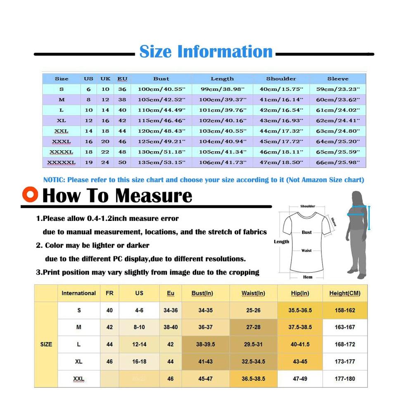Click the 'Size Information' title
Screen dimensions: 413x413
[206, 51]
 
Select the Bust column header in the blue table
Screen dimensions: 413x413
[161, 79]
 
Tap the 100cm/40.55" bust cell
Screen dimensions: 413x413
[161, 89]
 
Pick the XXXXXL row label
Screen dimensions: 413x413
[62, 162]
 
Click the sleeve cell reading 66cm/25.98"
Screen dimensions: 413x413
[338, 162]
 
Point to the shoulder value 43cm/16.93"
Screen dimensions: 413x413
[281, 121]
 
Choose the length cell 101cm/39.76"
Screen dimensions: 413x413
[223, 110]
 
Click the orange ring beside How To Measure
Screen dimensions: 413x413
[30, 195]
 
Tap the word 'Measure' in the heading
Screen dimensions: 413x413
[154, 196]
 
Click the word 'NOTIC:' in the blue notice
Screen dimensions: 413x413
[54, 180]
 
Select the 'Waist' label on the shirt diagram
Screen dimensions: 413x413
[306, 251]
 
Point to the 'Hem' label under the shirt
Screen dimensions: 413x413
[308, 277]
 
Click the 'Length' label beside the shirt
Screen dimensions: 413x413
[281, 242]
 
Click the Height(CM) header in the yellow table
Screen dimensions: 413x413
[345, 293]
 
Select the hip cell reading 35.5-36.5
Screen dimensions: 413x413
[300, 310]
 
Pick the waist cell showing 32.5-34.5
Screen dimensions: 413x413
[254, 362]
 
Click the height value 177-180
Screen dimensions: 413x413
[345, 379]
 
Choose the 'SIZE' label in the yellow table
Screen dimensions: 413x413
[46, 344]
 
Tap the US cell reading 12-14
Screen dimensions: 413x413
[139, 344]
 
